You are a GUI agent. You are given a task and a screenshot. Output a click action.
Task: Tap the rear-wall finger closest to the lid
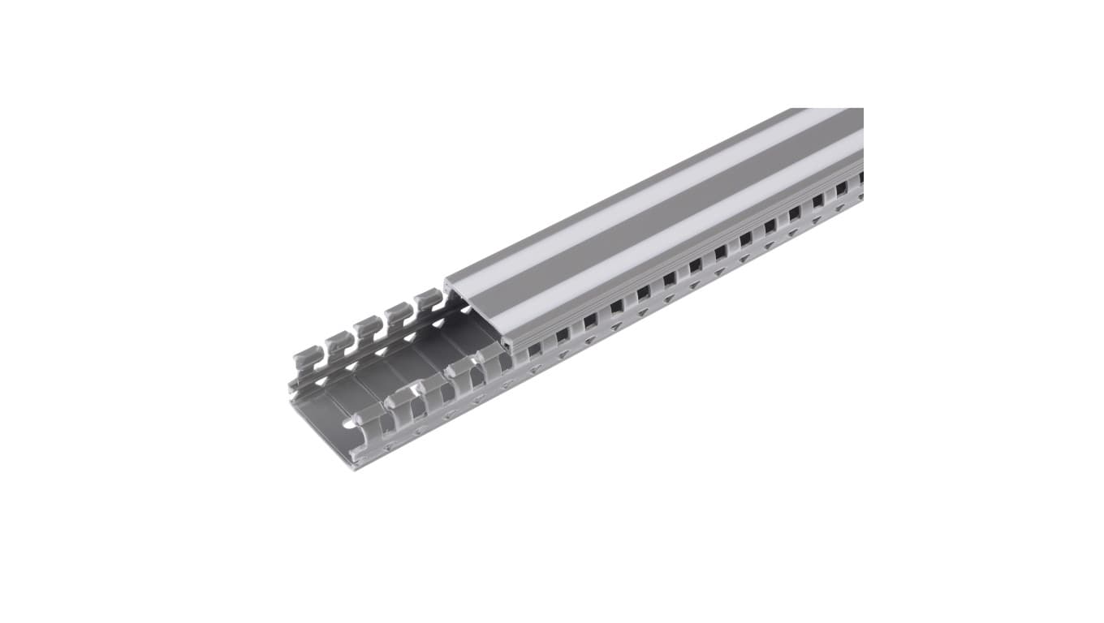point(428,302)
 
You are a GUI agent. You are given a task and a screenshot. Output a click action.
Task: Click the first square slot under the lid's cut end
point(534,350)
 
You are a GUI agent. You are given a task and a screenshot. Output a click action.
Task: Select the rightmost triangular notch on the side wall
point(840,208)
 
